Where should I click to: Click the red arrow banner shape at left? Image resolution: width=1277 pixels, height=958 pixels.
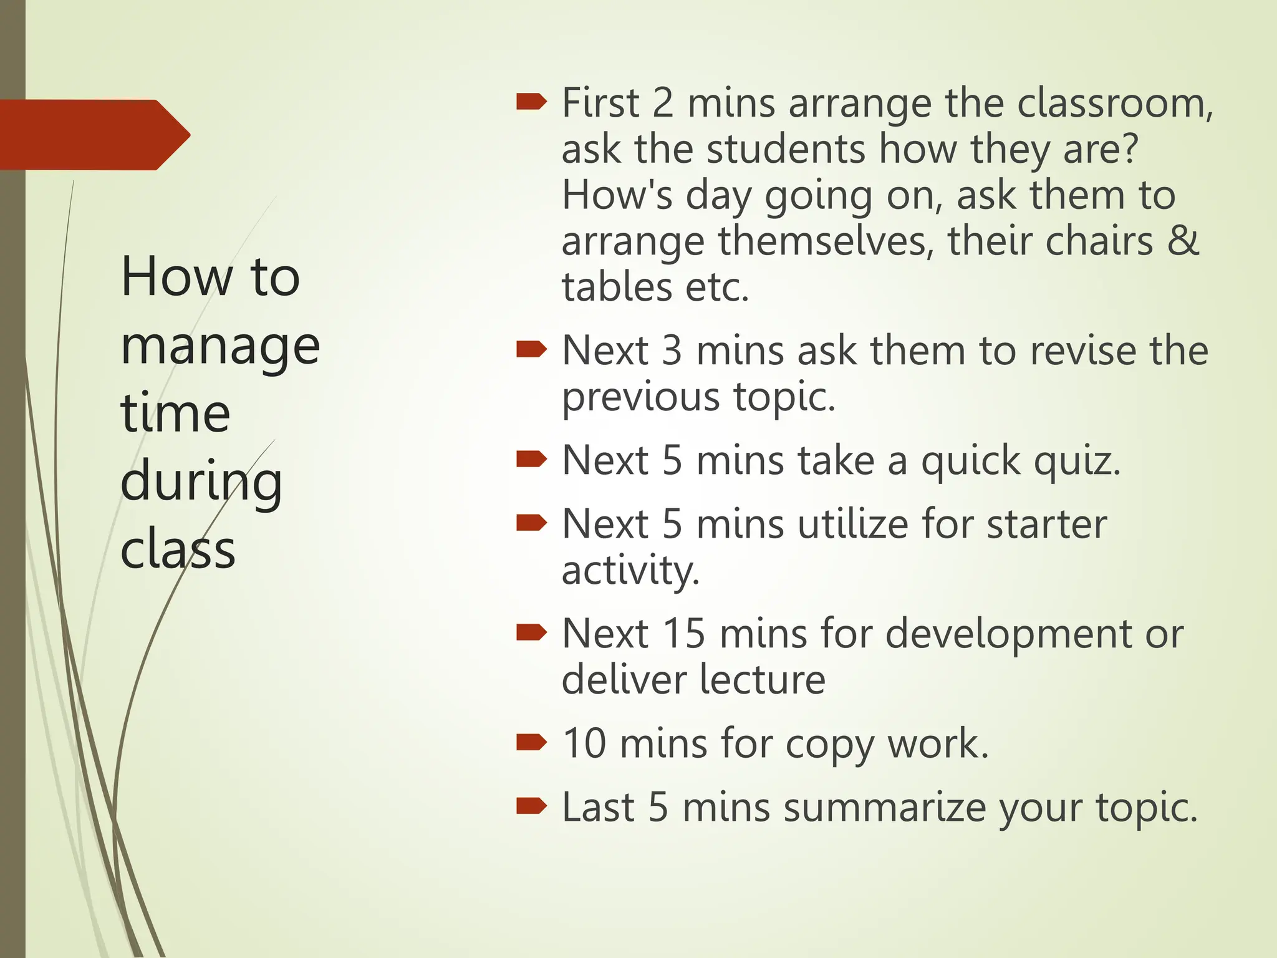(x=94, y=135)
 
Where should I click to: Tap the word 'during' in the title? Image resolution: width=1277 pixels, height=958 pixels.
(x=201, y=481)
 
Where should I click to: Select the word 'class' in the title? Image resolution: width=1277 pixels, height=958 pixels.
(x=178, y=550)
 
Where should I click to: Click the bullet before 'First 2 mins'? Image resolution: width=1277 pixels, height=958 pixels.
(x=531, y=102)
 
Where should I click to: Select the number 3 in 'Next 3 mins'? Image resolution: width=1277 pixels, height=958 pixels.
(x=672, y=351)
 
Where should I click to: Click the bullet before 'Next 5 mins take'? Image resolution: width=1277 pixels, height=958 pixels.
(x=531, y=460)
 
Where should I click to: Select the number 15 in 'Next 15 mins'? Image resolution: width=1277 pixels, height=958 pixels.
(x=683, y=634)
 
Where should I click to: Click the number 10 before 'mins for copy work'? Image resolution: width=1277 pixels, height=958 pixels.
(x=584, y=743)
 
